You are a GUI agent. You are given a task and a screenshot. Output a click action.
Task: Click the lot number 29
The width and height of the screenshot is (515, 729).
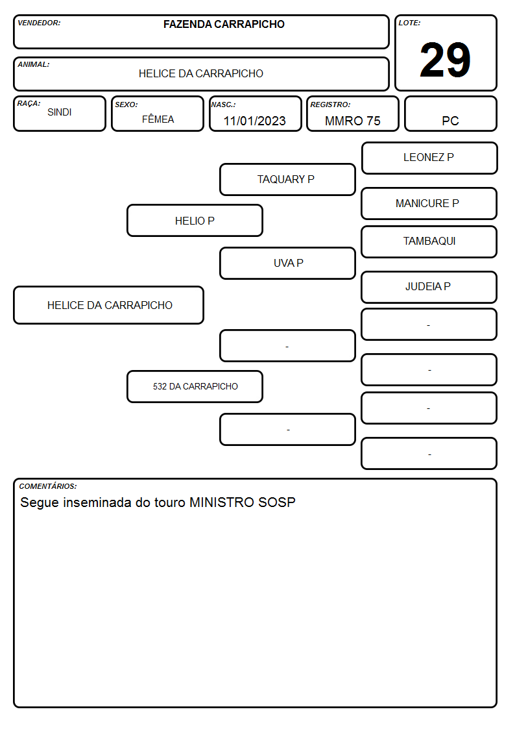point(445,60)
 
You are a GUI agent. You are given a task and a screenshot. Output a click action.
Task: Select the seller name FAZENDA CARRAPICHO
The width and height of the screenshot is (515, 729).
point(224,24)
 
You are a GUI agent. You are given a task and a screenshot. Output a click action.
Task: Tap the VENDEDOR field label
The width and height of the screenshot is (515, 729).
point(39,23)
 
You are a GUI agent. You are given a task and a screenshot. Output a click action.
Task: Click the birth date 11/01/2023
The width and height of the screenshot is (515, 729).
point(254,121)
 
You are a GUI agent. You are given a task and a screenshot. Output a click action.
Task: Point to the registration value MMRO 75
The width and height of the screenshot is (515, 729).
point(352,121)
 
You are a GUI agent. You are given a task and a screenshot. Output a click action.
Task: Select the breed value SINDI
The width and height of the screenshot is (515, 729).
point(60,112)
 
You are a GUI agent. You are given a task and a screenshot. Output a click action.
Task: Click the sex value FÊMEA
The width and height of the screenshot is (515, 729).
point(158,119)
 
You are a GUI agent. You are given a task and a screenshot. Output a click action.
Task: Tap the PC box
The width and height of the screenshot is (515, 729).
point(450,114)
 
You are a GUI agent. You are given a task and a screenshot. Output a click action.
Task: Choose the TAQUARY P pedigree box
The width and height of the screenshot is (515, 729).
point(287,179)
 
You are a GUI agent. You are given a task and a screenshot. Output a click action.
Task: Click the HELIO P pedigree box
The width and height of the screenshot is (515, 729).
point(195,221)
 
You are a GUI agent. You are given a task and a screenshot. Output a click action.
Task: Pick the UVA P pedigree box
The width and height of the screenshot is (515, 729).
point(287,263)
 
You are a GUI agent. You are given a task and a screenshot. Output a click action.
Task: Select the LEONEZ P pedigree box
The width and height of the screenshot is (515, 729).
point(429,158)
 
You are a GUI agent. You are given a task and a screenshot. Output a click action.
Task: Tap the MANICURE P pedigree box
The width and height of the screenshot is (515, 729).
point(429,203)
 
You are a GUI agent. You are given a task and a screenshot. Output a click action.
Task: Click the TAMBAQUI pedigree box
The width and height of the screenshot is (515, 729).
point(429,241)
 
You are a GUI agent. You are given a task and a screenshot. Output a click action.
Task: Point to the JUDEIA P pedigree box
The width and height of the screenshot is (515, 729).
point(429,287)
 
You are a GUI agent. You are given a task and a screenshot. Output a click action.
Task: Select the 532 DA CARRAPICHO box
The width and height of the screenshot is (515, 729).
point(195,386)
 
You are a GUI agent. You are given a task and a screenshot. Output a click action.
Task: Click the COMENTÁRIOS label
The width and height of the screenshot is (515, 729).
point(48,486)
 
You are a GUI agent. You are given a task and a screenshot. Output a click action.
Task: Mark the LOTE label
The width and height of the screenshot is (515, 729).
point(409,23)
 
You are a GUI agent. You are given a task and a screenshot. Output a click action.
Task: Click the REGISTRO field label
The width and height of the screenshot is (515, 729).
point(330,105)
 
